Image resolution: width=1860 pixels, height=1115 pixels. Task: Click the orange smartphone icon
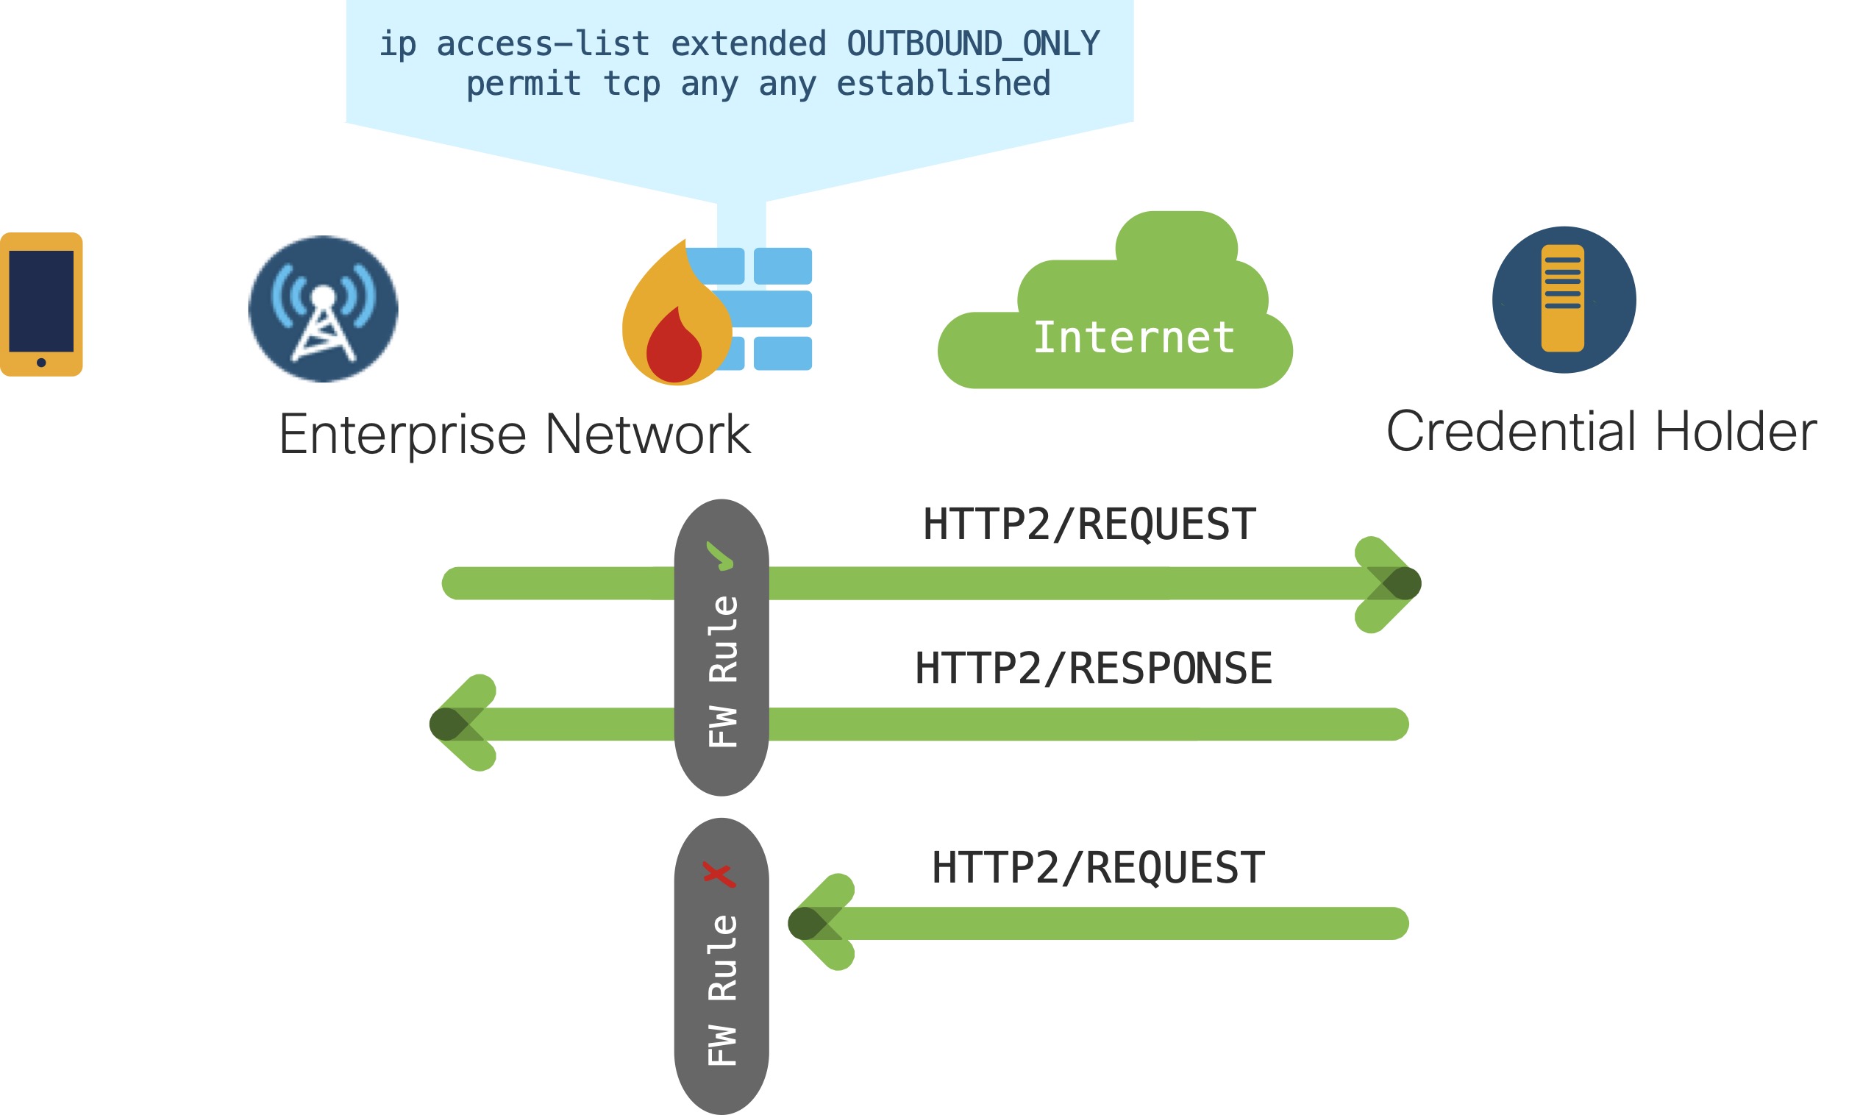point(41,304)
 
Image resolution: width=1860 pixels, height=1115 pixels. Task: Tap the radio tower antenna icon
point(323,309)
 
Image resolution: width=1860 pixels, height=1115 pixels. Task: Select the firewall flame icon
point(676,316)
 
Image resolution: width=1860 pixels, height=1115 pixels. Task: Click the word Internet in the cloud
point(1133,338)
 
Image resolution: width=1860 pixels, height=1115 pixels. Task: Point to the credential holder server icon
point(1564,299)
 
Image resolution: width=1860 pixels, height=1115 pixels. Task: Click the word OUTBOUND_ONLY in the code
point(973,43)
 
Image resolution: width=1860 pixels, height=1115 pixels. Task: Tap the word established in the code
point(943,83)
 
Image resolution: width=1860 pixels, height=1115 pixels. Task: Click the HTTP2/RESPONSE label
point(1094,669)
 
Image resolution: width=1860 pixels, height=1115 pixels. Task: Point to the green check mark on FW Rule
point(720,556)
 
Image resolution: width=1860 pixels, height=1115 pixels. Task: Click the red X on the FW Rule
point(719,873)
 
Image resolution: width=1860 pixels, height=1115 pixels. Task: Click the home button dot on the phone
point(41,363)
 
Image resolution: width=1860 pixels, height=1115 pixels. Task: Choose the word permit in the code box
point(524,83)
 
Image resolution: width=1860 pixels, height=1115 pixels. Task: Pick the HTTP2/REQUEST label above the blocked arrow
point(1098,868)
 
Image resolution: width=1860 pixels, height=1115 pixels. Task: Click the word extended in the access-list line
point(748,43)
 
